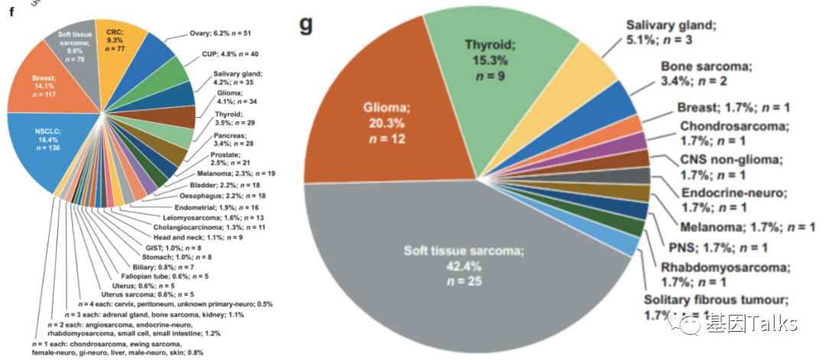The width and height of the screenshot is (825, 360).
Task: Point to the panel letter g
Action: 306,24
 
